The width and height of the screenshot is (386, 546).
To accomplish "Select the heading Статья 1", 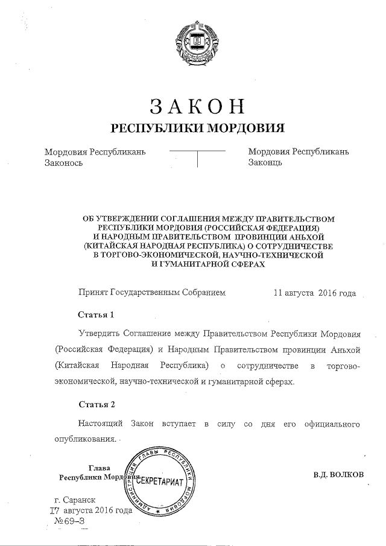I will coord(96,315).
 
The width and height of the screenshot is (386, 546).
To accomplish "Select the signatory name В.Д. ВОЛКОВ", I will coord(338,474).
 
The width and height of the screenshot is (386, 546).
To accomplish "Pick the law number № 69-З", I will coord(69,521).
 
